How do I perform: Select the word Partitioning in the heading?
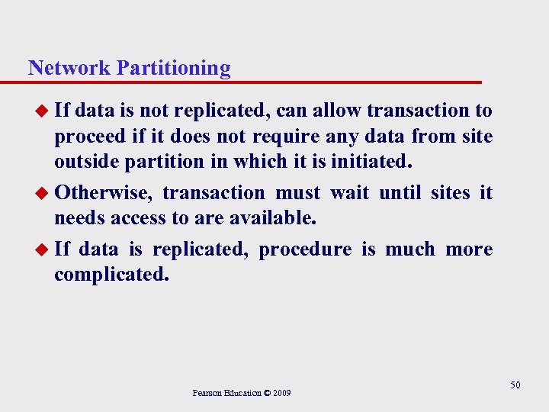pos(173,69)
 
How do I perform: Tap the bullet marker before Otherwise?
pos(43,193)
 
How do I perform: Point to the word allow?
pos(335,111)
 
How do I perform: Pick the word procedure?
pos(305,249)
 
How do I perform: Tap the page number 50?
pos(515,385)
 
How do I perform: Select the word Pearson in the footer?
pos(207,393)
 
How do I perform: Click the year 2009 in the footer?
pos(281,393)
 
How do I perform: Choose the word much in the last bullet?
pos(410,249)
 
